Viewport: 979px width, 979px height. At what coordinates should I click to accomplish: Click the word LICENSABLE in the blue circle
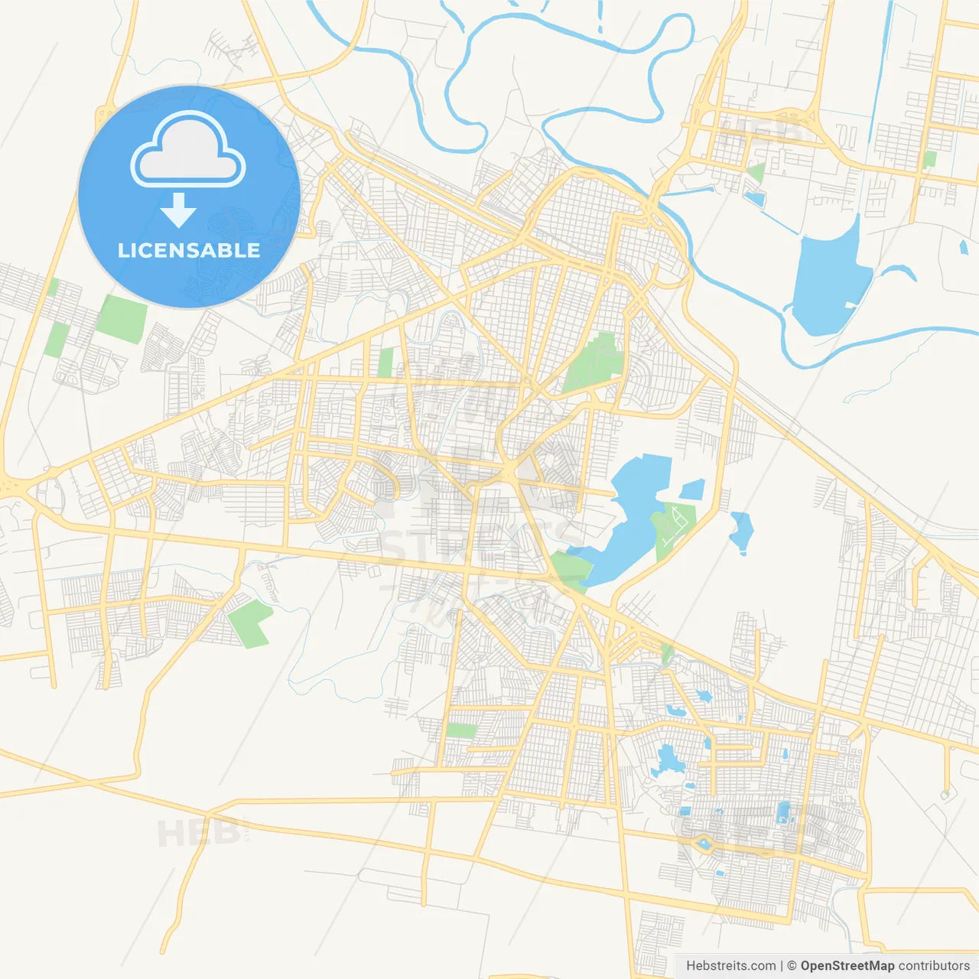pyautogui.click(x=188, y=250)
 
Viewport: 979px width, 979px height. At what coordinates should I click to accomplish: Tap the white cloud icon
pyautogui.click(x=188, y=150)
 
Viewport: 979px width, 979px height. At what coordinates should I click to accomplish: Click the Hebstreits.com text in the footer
pyautogui.click(x=730, y=966)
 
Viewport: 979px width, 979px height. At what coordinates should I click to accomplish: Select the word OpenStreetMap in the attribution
pyautogui.click(x=847, y=966)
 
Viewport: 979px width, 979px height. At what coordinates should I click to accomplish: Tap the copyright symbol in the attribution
pyautogui.click(x=792, y=966)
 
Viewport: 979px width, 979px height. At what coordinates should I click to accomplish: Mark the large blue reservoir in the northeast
pyautogui.click(x=830, y=279)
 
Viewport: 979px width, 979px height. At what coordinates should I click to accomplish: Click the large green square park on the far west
pyautogui.click(x=122, y=319)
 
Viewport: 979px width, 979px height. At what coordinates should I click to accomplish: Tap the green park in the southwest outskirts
pyautogui.click(x=249, y=623)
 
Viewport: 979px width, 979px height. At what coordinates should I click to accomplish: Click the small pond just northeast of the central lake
pyautogui.click(x=692, y=489)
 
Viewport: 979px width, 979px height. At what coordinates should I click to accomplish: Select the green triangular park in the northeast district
pyautogui.click(x=756, y=172)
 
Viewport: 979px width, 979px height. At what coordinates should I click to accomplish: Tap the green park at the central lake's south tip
pyautogui.click(x=569, y=571)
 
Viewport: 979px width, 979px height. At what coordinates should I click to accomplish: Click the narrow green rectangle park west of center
pyautogui.click(x=386, y=363)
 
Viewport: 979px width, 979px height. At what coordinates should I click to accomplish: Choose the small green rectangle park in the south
pyautogui.click(x=461, y=730)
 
